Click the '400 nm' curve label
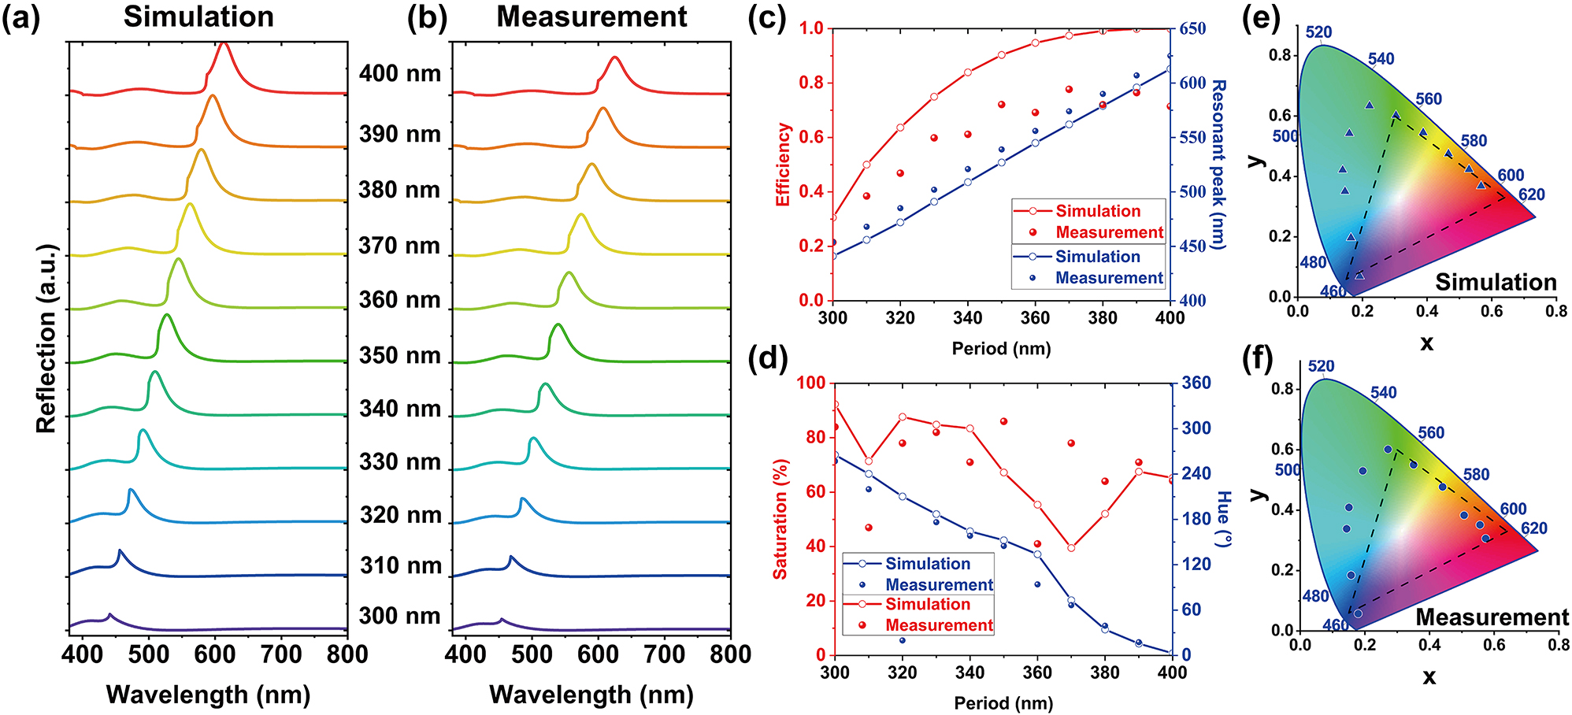tap(399, 74)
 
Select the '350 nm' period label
tap(399, 356)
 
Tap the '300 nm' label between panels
tap(399, 616)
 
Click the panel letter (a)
tap(20, 17)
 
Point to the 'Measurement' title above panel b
tap(591, 17)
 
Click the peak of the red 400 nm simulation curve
tap(224, 44)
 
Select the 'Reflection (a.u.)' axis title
tap(46, 339)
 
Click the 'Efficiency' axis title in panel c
tap(783, 164)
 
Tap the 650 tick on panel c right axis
tap(1192, 29)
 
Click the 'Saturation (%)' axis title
tap(780, 520)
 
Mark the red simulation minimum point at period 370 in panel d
tap(1071, 548)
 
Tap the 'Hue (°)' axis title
tap(1223, 519)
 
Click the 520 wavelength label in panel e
tap(1318, 32)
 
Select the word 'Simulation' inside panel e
tap(1495, 282)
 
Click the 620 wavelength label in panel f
tap(1533, 528)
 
